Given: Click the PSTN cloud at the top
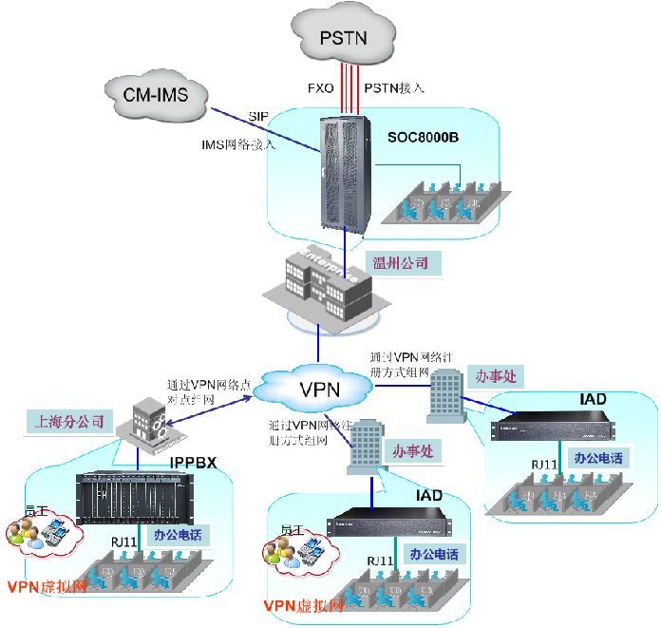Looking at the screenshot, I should pyautogui.click(x=343, y=37).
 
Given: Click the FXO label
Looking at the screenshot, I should pyautogui.click(x=321, y=87).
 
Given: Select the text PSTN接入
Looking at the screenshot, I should pyautogui.click(x=394, y=87).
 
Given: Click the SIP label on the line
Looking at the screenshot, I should pyautogui.click(x=258, y=116).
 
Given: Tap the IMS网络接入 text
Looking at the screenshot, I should pyautogui.click(x=237, y=144).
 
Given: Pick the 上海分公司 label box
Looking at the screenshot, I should pyautogui.click(x=69, y=419).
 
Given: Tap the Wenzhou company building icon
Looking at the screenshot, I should pyautogui.click(x=320, y=284).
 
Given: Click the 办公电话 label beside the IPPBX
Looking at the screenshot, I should pyautogui.click(x=176, y=535).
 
